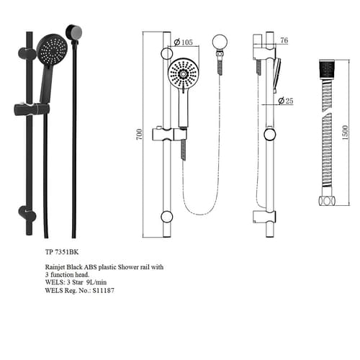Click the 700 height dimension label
pos(139,135)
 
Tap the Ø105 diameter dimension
pos(183,42)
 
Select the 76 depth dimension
pos(284,40)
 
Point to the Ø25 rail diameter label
pos(286,101)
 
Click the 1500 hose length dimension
pos(345,132)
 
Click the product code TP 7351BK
pos(62,252)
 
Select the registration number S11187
pos(104,290)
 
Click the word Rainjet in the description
pos(55,267)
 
